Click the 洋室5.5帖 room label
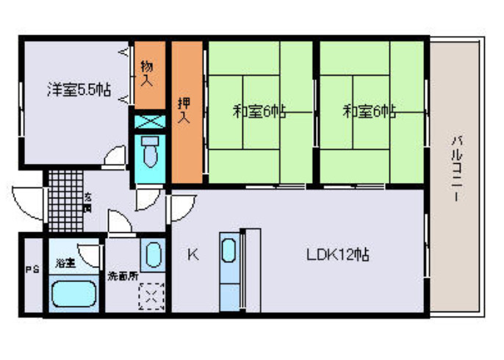click(79, 91)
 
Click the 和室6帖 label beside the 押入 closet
click(259, 112)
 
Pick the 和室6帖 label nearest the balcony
click(370, 112)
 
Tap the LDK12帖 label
click(337, 255)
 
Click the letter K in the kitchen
click(192, 255)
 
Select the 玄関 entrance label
click(87, 201)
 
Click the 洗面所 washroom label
click(122, 277)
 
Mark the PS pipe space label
click(32, 270)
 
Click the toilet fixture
click(151, 152)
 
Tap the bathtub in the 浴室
click(73, 293)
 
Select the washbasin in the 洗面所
click(151, 255)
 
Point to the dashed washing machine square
click(152, 297)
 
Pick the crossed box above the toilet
click(150, 120)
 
